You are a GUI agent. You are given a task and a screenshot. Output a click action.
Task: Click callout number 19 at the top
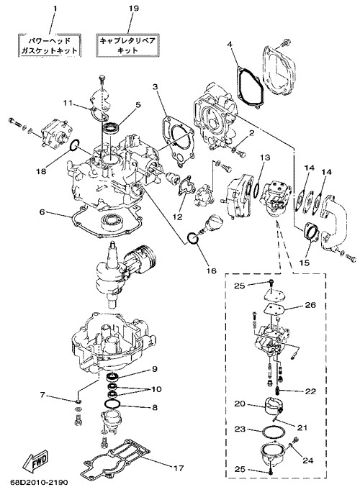tap(133, 8)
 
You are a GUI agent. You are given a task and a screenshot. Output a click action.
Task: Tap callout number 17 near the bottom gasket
tap(178, 468)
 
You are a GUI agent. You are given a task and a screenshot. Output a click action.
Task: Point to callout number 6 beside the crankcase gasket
tap(42, 212)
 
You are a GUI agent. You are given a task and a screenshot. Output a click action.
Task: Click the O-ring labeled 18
tap(74, 145)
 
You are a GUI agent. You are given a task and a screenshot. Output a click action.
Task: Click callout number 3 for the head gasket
tap(156, 87)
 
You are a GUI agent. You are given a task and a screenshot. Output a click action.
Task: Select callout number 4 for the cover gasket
tap(230, 45)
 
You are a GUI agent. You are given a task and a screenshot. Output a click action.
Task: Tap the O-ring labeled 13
tap(256, 189)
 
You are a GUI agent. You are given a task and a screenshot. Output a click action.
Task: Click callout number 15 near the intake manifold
tap(305, 263)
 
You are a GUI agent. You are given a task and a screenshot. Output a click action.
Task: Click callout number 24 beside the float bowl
tap(307, 460)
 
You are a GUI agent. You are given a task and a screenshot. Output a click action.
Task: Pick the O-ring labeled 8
tap(112, 404)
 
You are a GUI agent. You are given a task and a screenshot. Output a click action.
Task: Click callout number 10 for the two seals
tap(157, 389)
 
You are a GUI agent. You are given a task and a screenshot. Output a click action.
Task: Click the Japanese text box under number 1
tap(49, 45)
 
